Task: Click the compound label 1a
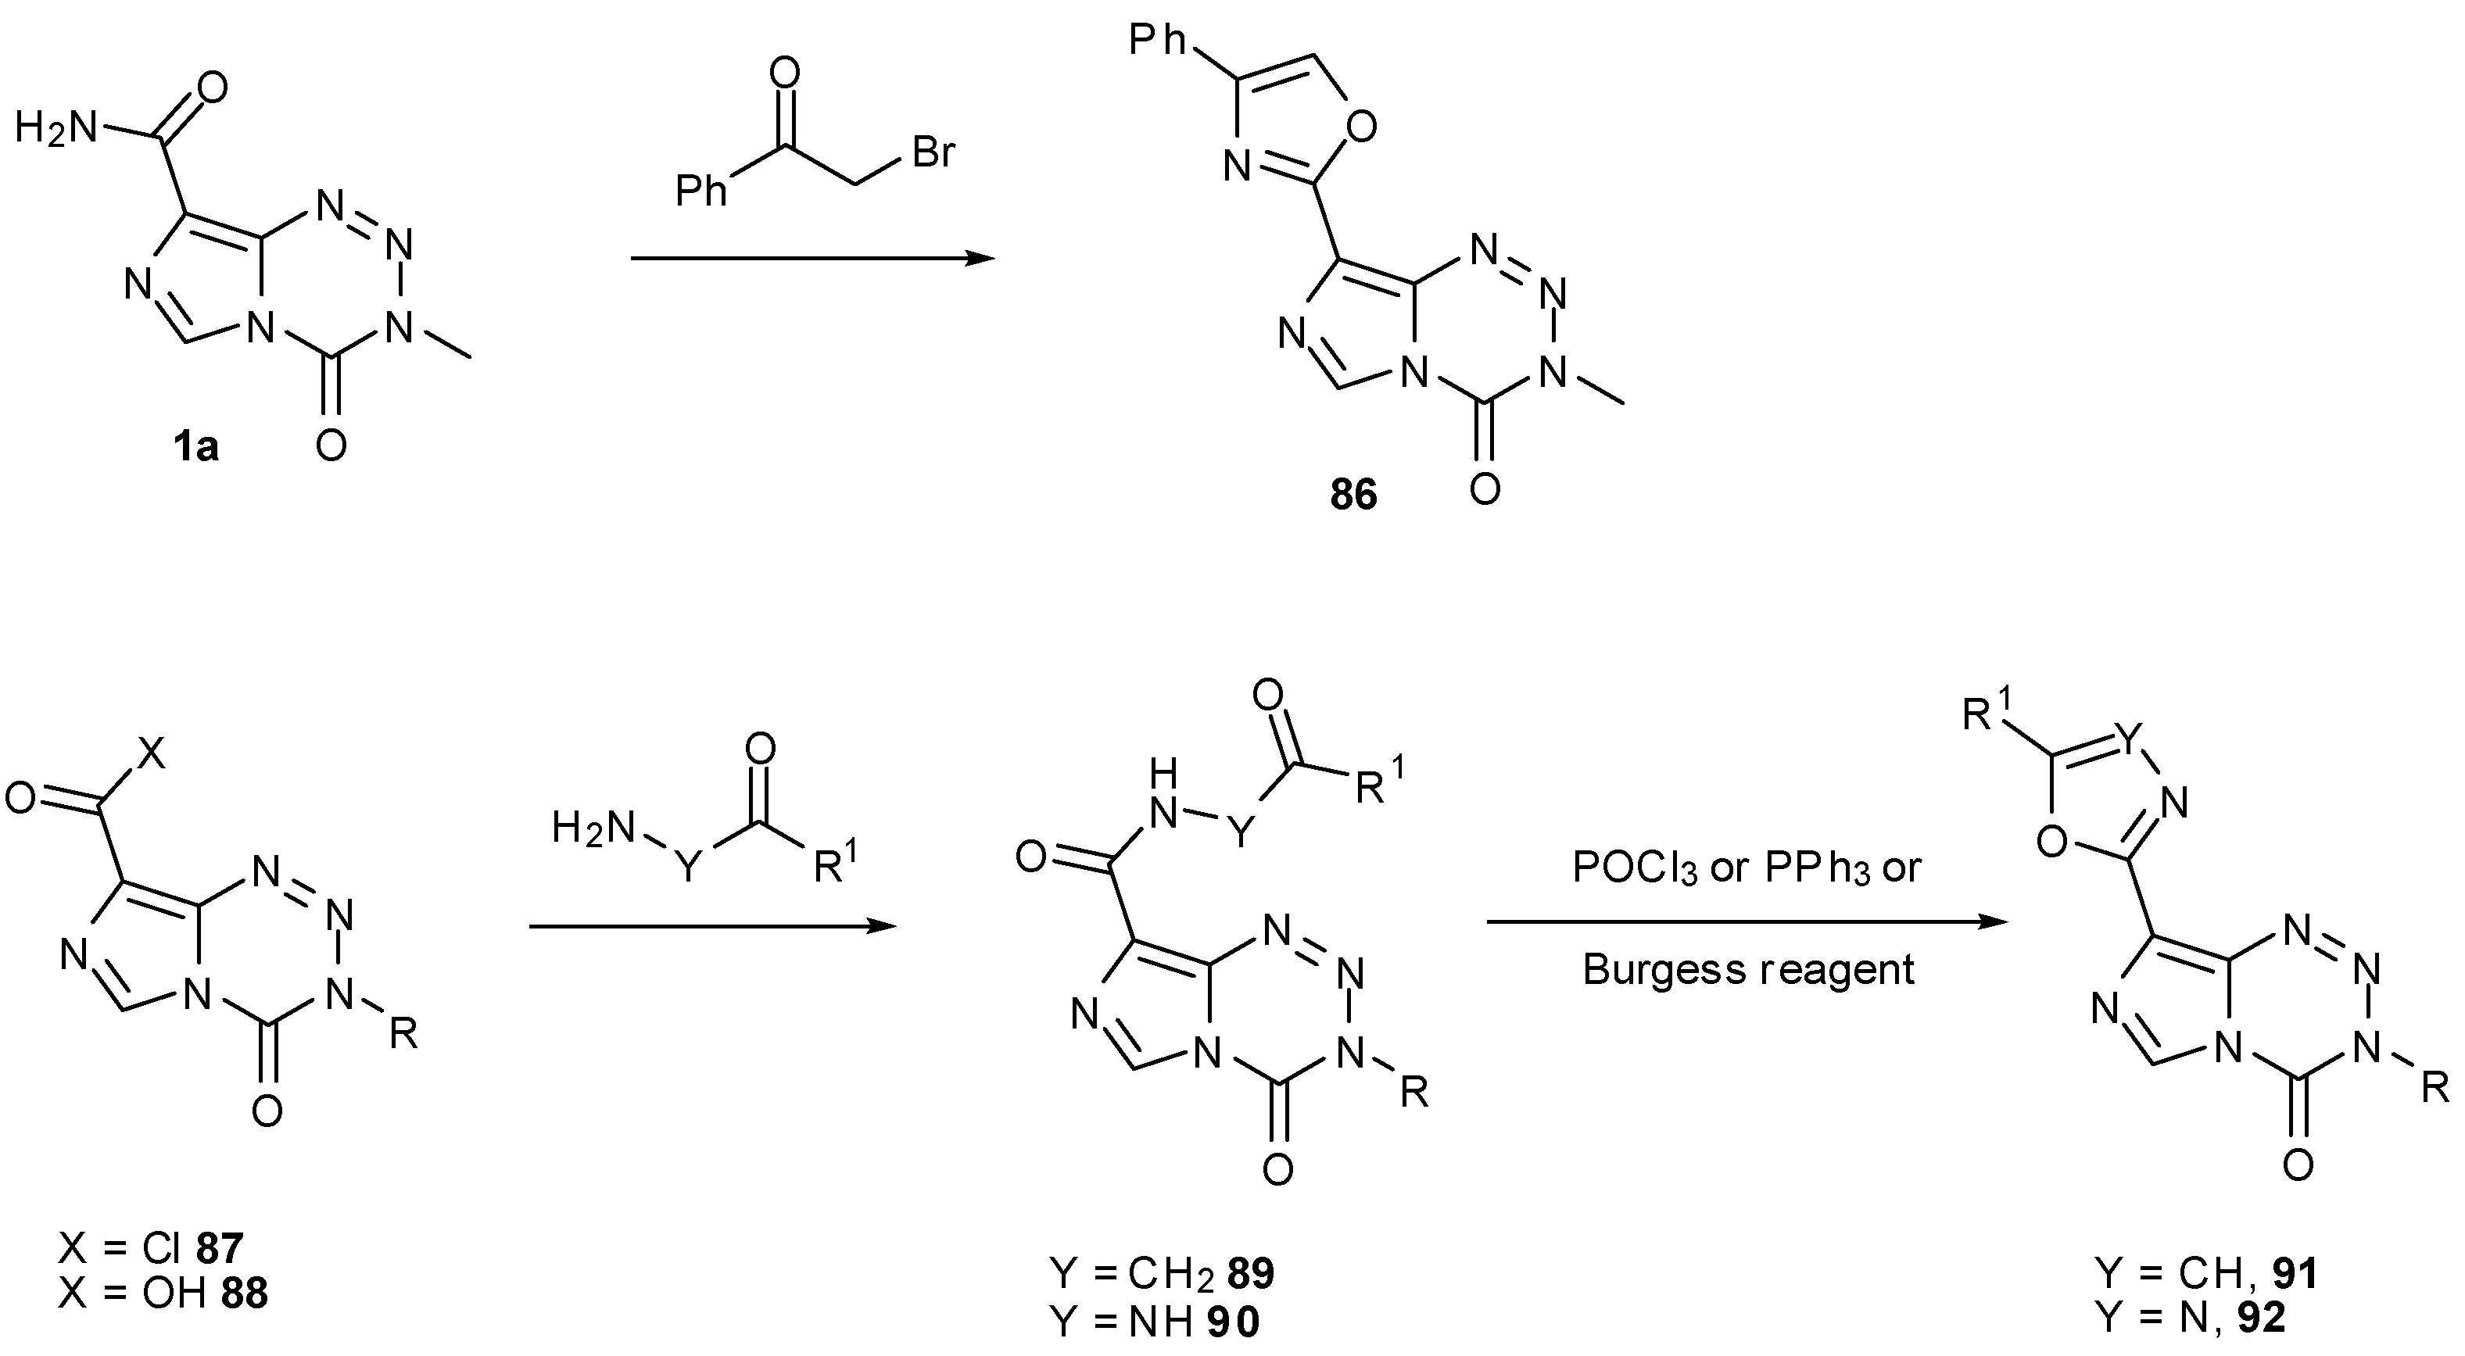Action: click(196, 447)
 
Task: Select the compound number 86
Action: click(1353, 494)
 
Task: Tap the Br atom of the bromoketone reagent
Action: click(933, 152)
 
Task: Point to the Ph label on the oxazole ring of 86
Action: click(1158, 40)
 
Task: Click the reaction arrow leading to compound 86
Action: click(812, 259)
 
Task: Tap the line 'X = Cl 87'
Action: click(151, 1248)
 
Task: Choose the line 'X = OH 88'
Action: click(163, 1293)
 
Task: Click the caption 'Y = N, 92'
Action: click(2191, 1318)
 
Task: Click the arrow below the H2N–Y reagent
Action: click(712, 926)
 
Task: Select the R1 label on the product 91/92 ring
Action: click(1990, 713)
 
